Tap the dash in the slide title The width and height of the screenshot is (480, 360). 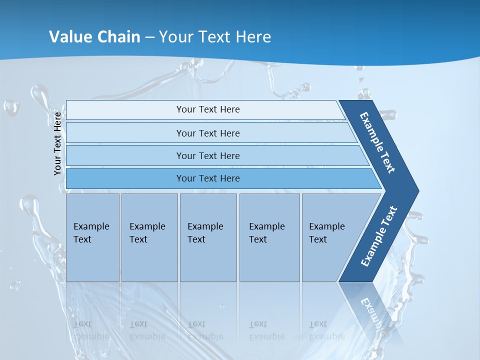(x=150, y=37)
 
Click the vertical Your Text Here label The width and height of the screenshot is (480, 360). (x=57, y=144)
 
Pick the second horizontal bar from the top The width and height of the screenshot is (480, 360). (x=207, y=133)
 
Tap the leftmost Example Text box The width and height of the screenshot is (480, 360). (x=92, y=235)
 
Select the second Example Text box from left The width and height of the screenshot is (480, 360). (x=149, y=235)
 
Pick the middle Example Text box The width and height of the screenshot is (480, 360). (x=208, y=235)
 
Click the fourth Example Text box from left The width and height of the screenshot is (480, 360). (x=269, y=235)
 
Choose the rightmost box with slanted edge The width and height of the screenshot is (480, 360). (x=330, y=235)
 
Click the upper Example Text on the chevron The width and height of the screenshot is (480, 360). (x=377, y=142)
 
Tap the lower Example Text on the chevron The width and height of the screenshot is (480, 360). (x=379, y=236)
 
